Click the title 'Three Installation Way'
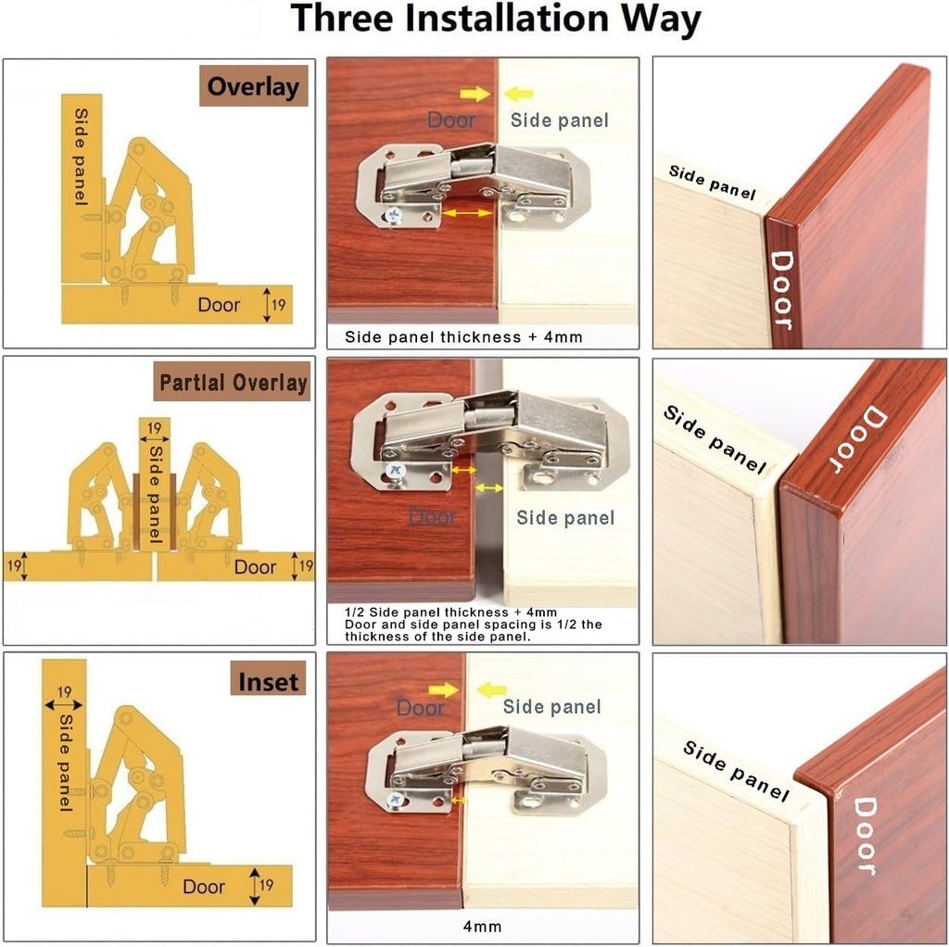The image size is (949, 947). point(496,20)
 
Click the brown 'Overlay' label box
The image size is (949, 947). point(253,87)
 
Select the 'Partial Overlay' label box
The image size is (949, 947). point(233,383)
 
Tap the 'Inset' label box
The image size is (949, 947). point(269,682)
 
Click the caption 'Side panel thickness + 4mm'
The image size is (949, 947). point(463,337)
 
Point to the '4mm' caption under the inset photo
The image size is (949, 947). point(482,926)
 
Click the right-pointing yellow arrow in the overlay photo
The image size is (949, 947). point(474,93)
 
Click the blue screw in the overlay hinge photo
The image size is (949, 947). point(395,215)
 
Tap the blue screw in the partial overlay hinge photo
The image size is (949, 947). point(397,472)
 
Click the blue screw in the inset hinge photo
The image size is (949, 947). point(397,797)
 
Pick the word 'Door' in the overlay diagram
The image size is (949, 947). point(219,305)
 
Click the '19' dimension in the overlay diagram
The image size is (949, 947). point(278,305)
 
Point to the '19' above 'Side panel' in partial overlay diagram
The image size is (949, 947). point(155,428)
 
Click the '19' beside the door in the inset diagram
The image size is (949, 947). point(266,886)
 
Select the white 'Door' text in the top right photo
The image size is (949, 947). point(781,290)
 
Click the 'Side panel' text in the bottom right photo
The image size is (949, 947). point(736,771)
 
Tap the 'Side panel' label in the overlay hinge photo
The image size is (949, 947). point(560,120)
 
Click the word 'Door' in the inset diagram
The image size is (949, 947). point(204,887)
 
